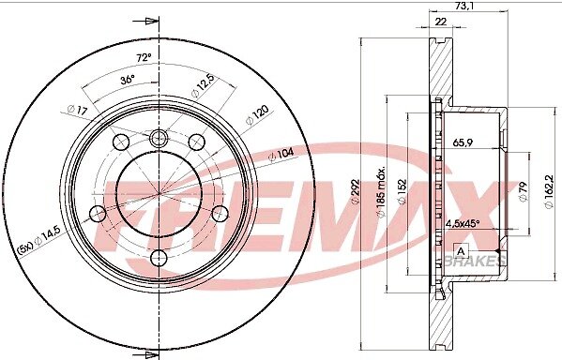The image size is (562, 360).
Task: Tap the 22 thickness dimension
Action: click(x=440, y=22)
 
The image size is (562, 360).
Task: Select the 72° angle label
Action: click(x=144, y=57)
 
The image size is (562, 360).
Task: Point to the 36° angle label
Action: click(x=128, y=80)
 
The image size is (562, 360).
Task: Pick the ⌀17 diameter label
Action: click(x=77, y=110)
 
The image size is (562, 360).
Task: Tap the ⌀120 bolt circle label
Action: click(x=257, y=115)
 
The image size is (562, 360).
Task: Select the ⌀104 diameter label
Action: click(x=281, y=154)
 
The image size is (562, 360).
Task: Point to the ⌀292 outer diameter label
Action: click(x=355, y=192)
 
